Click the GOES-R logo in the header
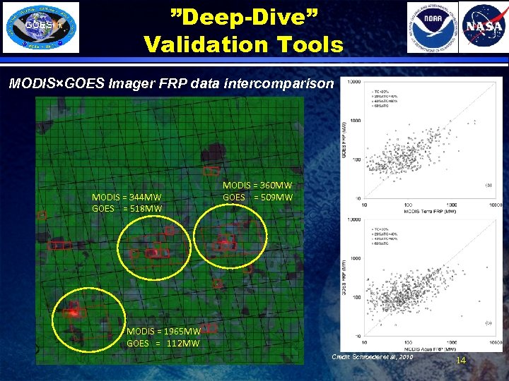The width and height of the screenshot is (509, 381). (x=42, y=27)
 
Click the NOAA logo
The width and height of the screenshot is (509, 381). (x=432, y=27)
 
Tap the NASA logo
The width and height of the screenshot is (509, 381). (x=483, y=27)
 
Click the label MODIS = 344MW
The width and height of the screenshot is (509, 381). (x=127, y=197)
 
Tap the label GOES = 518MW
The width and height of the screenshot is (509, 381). (x=127, y=208)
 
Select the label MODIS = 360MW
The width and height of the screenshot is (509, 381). (x=257, y=185)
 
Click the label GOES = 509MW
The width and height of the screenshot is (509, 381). (x=257, y=197)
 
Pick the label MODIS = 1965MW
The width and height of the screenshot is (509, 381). (x=164, y=331)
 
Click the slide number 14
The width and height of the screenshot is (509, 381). (x=461, y=361)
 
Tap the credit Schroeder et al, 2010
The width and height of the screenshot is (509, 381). (x=373, y=358)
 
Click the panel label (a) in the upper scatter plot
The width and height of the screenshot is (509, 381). (x=488, y=185)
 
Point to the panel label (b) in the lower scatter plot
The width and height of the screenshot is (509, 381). (x=488, y=322)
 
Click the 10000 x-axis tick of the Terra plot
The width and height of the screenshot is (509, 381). (x=494, y=205)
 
